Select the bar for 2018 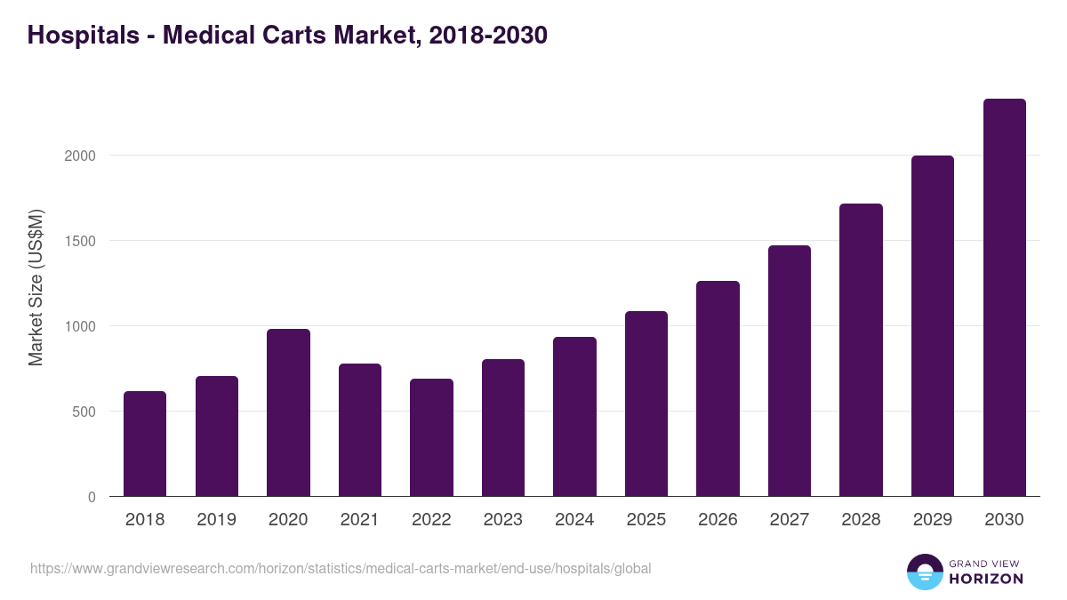coord(145,444)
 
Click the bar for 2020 coord(288,412)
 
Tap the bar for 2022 coord(431,437)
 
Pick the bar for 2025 coord(646,404)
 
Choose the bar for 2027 coord(790,371)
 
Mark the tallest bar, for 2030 coord(1004,298)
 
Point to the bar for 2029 coord(933,326)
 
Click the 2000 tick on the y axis coord(78,156)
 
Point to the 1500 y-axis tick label coord(78,241)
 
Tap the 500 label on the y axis coord(83,412)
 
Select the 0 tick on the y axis coord(92,497)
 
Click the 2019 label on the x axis coord(216,520)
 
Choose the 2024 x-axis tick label coord(574,520)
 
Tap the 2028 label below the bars coord(861,520)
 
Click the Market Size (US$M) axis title coord(36,288)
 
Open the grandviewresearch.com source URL coord(341,568)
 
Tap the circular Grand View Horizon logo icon coord(924,572)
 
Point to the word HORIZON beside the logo coord(985,579)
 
